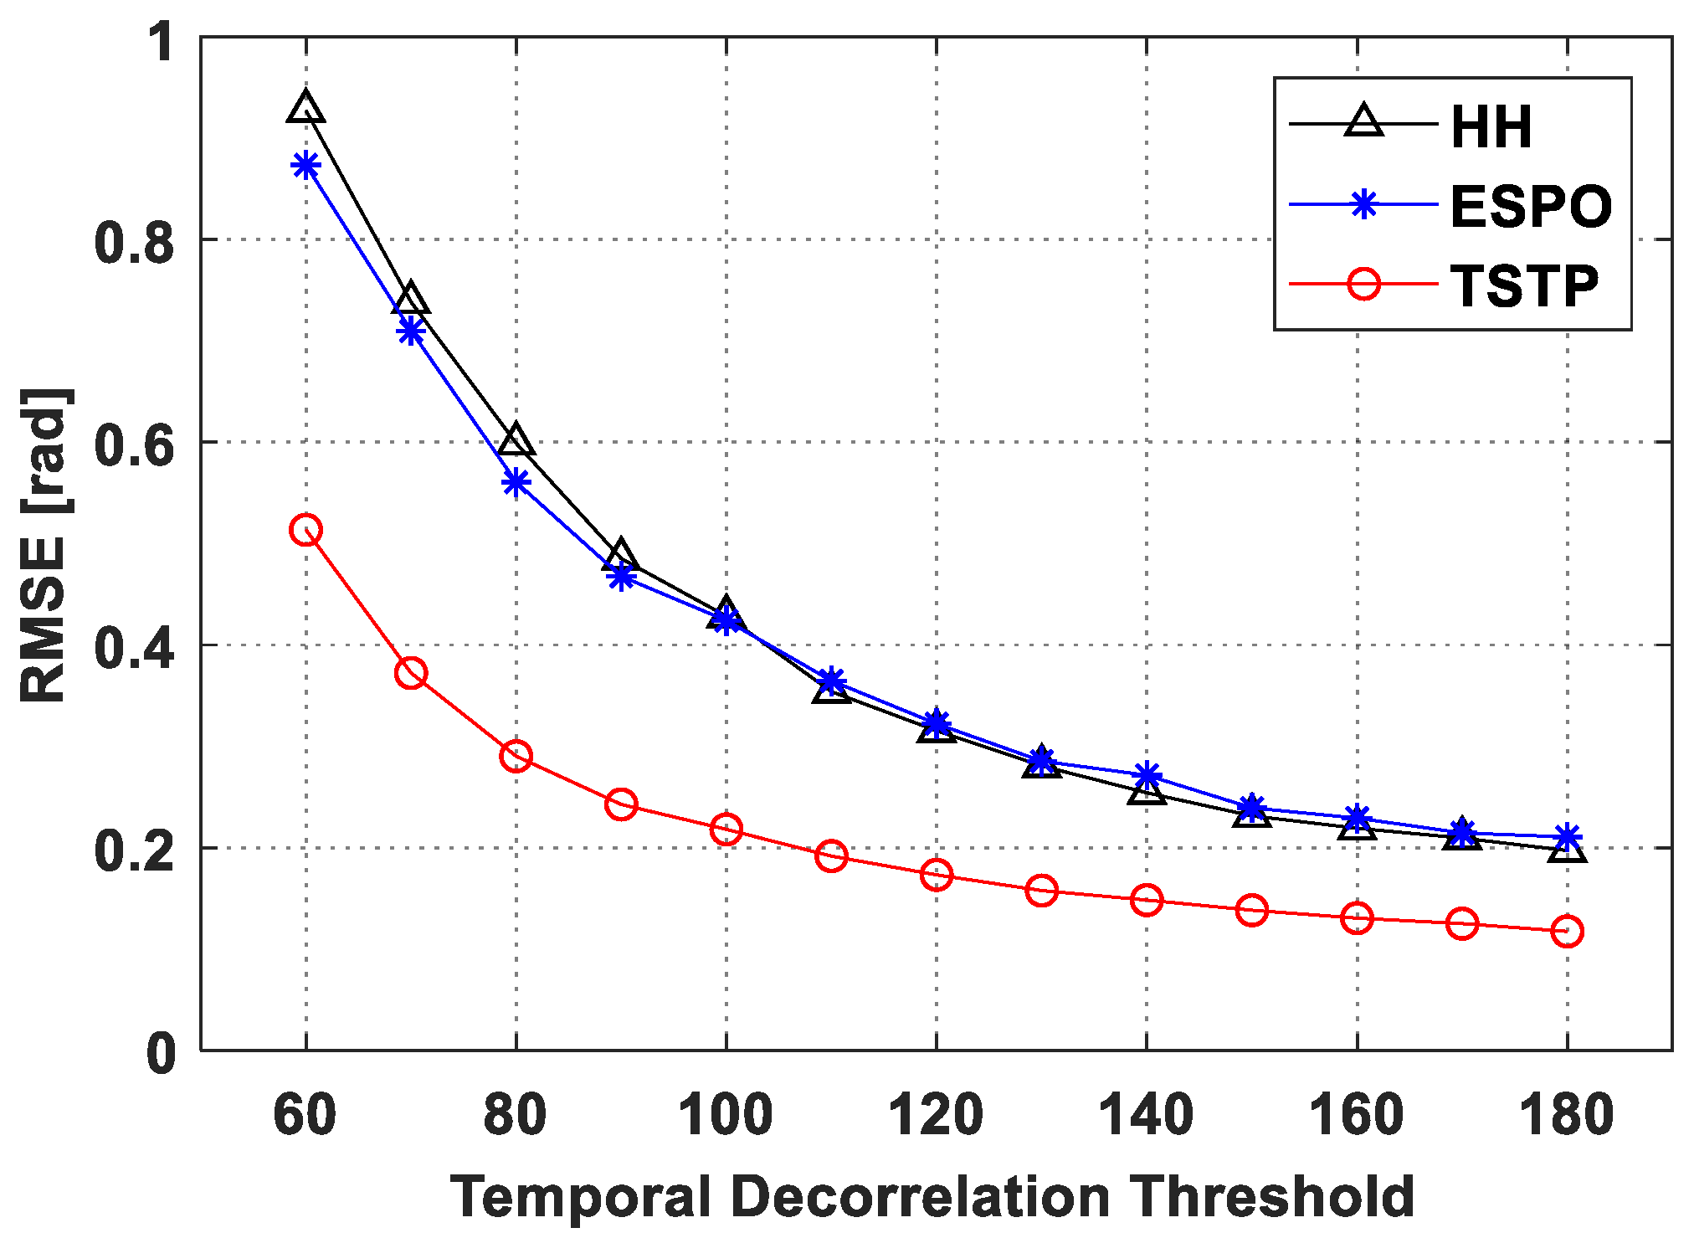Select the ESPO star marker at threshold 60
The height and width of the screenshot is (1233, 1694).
(305, 165)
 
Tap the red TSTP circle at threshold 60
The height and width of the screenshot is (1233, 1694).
(305, 530)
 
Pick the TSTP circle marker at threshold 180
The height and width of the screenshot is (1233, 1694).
(1567, 931)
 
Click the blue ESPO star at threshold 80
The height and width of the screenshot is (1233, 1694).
(516, 482)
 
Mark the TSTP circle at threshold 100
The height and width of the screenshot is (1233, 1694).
(726, 830)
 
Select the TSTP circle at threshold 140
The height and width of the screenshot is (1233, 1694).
(1146, 900)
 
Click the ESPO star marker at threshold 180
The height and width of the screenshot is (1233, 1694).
(1567, 836)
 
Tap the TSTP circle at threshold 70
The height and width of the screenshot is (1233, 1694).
(411, 672)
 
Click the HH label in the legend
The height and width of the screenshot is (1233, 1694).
(1491, 128)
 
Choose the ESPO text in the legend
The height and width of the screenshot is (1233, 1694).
(1531, 207)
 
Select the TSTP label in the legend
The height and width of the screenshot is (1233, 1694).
(1525, 286)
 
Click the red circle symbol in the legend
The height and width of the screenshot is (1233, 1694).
(1363, 285)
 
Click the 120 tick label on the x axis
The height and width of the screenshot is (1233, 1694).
(936, 1115)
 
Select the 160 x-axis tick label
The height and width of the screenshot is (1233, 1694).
(1356, 1115)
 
